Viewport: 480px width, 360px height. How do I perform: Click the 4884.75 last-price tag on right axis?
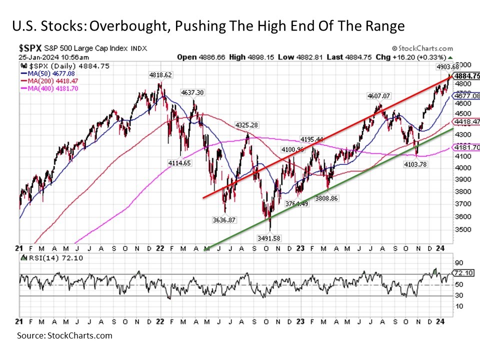click(466, 76)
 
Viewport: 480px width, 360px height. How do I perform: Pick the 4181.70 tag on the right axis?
click(466, 147)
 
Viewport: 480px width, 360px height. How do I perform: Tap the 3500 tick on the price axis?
click(460, 229)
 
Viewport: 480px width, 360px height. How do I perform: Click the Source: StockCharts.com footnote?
click(64, 335)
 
